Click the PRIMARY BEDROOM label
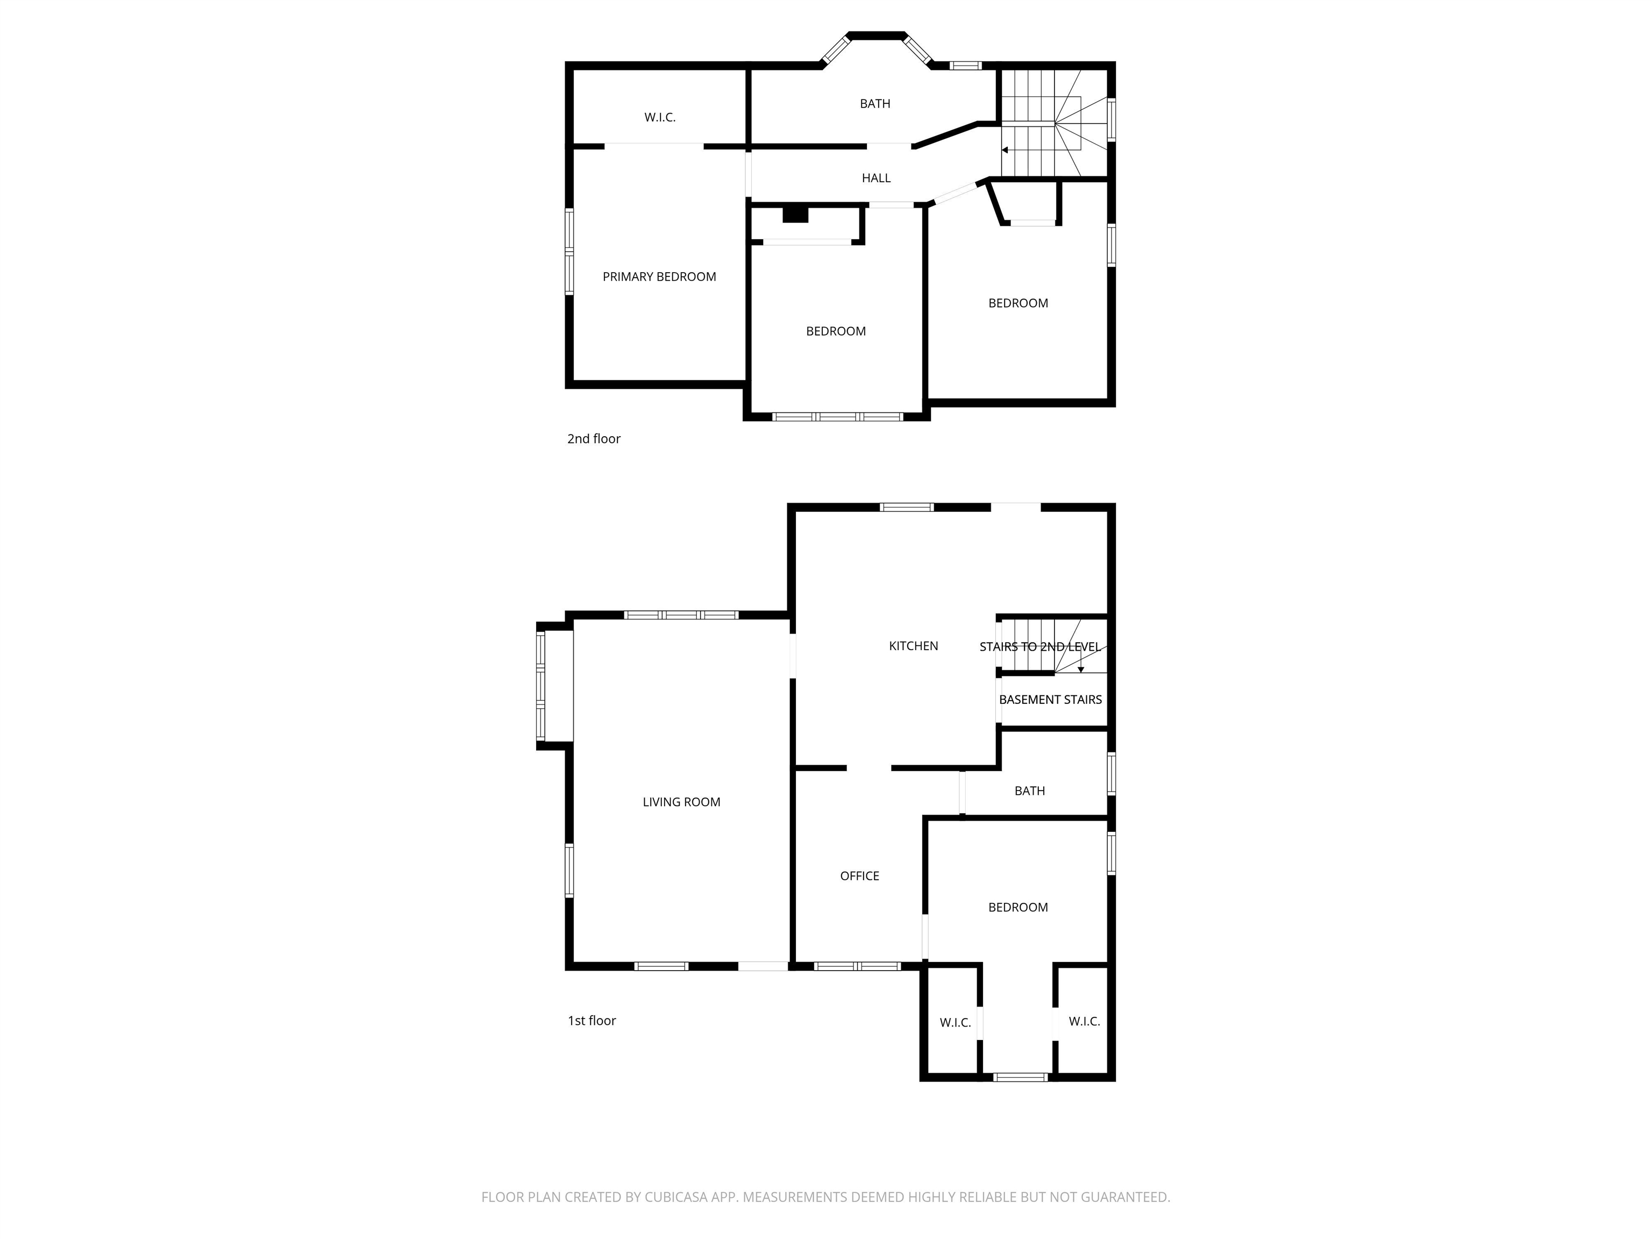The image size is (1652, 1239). point(659,277)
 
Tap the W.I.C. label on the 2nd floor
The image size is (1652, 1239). point(659,117)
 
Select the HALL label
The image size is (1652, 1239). point(876,179)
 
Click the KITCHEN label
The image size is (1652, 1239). point(913,646)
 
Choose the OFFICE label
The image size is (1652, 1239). point(859,876)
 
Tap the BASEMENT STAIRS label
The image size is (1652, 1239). point(1050,700)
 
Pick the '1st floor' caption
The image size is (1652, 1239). point(592,1021)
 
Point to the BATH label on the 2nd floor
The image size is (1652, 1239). point(874,104)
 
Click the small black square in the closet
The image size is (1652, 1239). point(795,215)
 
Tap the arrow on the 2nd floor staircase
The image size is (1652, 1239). point(1005,150)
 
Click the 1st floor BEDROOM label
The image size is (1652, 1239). point(1018,907)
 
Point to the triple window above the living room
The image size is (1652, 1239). point(680,615)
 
